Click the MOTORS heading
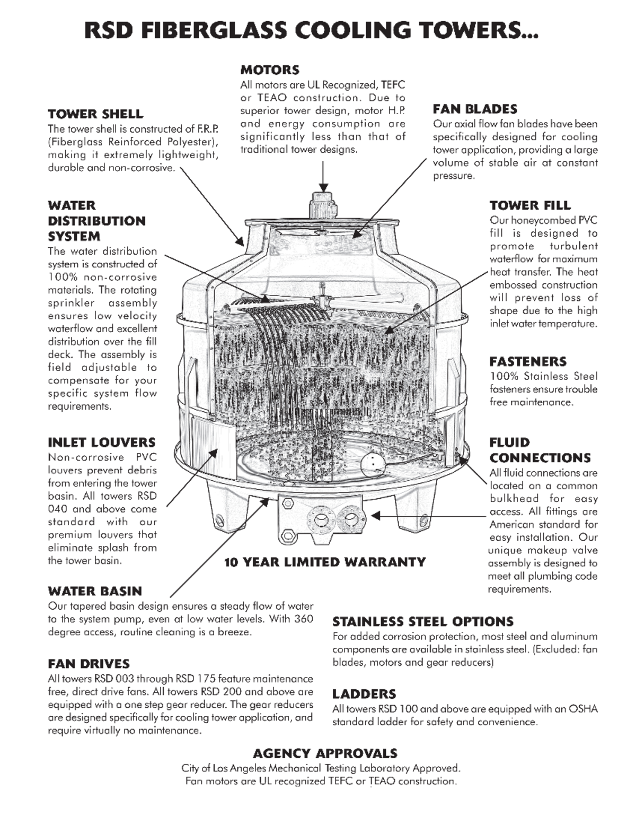point(270,70)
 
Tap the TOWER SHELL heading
point(95,114)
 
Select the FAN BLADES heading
point(475,109)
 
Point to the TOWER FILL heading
point(530,205)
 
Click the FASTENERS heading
point(528,362)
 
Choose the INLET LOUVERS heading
point(102,443)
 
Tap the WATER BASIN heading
point(95,591)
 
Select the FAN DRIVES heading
point(89,664)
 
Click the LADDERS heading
point(364,694)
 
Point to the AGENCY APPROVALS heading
point(325,753)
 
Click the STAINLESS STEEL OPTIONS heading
point(423,622)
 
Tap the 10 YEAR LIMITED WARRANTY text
point(325,562)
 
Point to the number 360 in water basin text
point(303,619)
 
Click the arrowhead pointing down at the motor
point(323,188)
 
